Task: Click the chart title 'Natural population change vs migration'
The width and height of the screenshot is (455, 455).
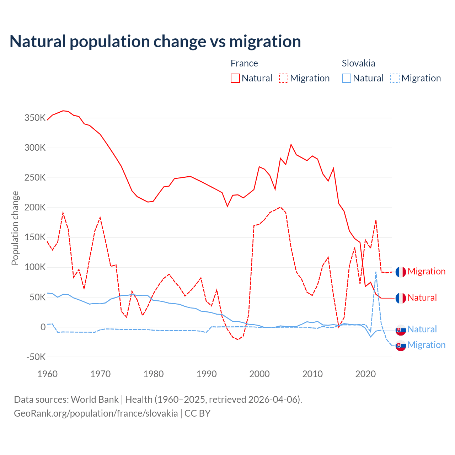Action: coord(155,42)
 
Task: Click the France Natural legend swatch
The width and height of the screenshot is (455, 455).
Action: coord(235,78)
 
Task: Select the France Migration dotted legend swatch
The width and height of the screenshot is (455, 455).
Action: coord(284,78)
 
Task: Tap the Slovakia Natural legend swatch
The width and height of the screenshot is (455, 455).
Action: coord(346,78)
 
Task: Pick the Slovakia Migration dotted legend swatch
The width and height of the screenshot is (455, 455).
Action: coord(395,78)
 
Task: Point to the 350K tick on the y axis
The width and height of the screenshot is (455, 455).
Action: coord(35,118)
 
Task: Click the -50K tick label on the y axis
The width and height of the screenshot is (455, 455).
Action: coord(36,357)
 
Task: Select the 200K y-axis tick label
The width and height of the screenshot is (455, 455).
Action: coord(35,208)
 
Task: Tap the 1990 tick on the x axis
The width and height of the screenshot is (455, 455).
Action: coord(207,374)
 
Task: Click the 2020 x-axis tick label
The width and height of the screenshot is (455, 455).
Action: coord(365,374)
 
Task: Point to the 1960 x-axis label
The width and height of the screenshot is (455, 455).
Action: coord(47,374)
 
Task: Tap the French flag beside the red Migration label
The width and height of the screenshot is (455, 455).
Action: coord(401,272)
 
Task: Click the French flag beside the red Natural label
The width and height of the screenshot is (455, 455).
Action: coord(401,298)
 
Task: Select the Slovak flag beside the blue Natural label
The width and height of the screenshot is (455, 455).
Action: coord(401,330)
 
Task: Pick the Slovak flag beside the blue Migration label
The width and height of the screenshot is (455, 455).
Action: coord(401,346)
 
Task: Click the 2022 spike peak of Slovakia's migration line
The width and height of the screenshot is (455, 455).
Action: coord(376,272)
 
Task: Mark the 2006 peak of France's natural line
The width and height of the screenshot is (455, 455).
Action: coord(291,144)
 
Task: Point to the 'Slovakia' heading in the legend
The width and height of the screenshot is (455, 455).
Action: coord(358,63)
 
